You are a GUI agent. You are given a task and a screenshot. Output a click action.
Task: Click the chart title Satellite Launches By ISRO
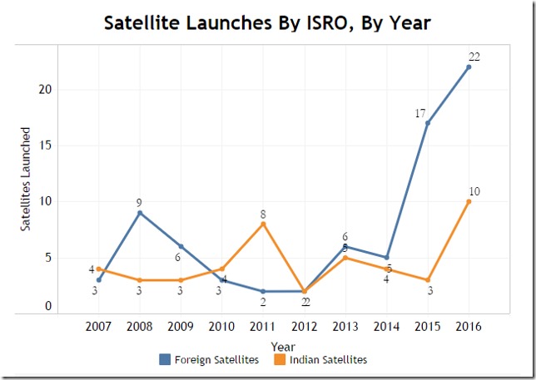click(267, 22)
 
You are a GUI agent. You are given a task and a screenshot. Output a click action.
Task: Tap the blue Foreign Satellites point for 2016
click(469, 67)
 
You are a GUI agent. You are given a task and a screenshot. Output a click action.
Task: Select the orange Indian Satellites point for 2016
click(469, 201)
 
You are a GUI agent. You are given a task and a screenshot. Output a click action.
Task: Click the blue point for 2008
click(140, 213)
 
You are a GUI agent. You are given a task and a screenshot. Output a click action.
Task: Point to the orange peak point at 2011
click(263, 224)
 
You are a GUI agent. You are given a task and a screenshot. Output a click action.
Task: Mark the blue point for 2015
click(428, 123)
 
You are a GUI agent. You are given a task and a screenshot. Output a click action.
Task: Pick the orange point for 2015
click(428, 280)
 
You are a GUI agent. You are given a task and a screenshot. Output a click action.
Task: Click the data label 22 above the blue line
click(474, 57)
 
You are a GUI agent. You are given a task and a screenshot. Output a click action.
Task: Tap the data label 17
click(420, 113)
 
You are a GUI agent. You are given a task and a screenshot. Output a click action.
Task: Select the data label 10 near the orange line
click(474, 191)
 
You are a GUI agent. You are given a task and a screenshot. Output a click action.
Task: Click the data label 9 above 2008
click(140, 202)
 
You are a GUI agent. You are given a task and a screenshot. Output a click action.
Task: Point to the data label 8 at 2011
click(263, 213)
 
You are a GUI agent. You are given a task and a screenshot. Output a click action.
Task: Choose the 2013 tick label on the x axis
click(345, 327)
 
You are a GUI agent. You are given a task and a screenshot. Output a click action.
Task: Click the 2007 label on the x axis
click(99, 327)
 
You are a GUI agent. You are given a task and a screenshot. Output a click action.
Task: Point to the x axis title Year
click(283, 346)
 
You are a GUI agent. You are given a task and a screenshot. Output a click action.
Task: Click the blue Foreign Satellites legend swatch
click(165, 360)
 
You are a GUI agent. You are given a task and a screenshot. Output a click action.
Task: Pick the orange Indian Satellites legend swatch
click(280, 360)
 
